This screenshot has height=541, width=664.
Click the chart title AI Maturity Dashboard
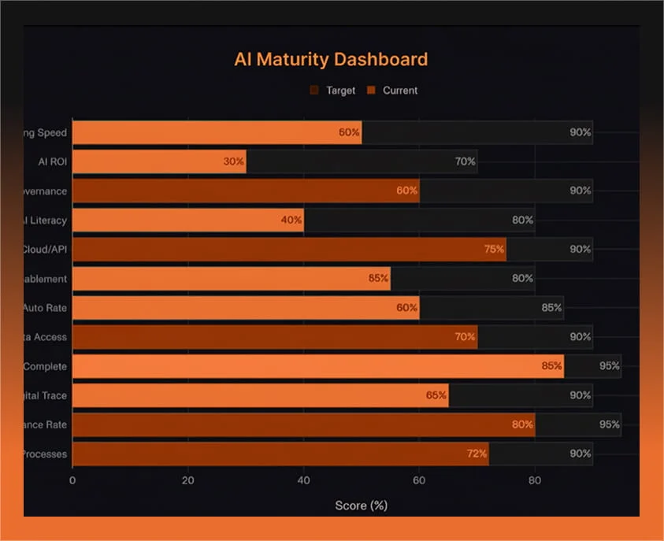tap(331, 60)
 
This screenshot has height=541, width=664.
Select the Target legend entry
tap(340, 91)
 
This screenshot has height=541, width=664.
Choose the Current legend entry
tap(399, 91)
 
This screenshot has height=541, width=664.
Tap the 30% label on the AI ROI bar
tap(233, 161)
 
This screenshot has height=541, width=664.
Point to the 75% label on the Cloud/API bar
tap(494, 249)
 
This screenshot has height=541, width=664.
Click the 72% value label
tap(477, 454)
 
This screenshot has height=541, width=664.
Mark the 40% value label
tap(291, 220)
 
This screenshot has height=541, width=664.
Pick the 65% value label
tap(436, 395)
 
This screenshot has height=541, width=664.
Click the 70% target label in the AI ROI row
tap(465, 161)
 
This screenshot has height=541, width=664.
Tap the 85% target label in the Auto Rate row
tap(551, 308)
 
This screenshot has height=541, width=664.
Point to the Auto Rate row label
tap(46, 308)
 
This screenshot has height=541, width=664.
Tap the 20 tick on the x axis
tap(187, 480)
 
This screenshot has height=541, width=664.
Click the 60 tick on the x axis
tap(419, 480)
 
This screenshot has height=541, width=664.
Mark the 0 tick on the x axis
tap(72, 480)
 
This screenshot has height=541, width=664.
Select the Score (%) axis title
tap(361, 505)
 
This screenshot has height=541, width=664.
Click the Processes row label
tap(44, 454)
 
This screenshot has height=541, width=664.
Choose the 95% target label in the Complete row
tap(609, 366)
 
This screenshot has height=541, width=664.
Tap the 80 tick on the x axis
tap(535, 480)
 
